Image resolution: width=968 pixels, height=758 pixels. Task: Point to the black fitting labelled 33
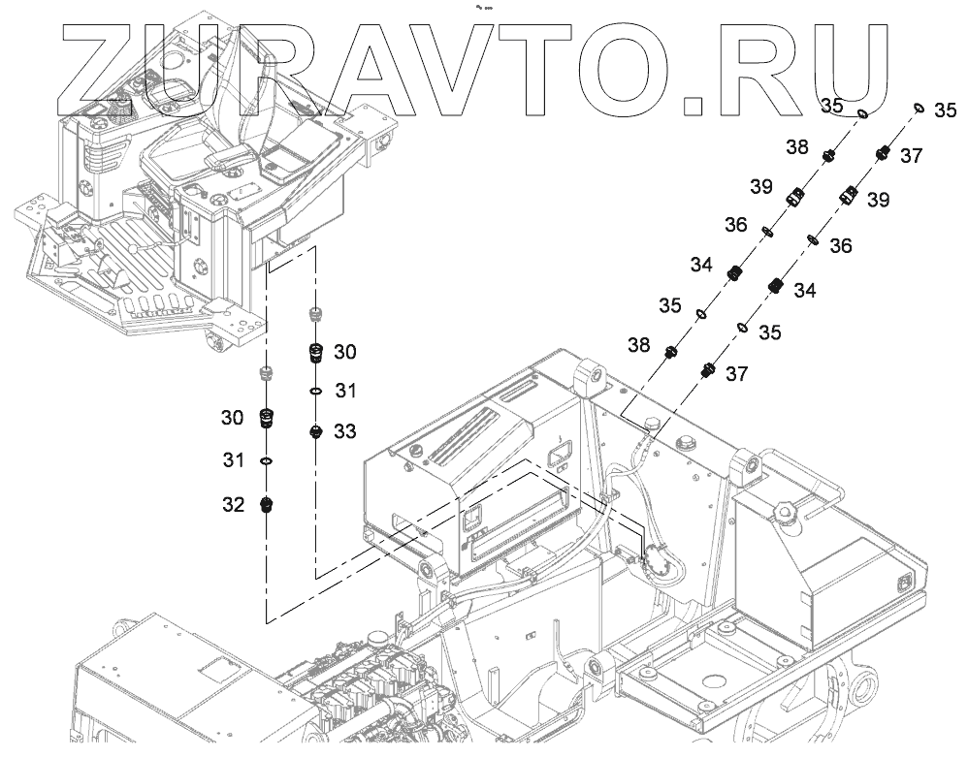tap(314, 431)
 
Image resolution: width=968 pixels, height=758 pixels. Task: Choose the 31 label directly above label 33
tap(346, 391)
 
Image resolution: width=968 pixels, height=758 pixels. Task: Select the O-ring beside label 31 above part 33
tap(315, 391)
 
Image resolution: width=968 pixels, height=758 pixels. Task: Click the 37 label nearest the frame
tap(737, 373)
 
